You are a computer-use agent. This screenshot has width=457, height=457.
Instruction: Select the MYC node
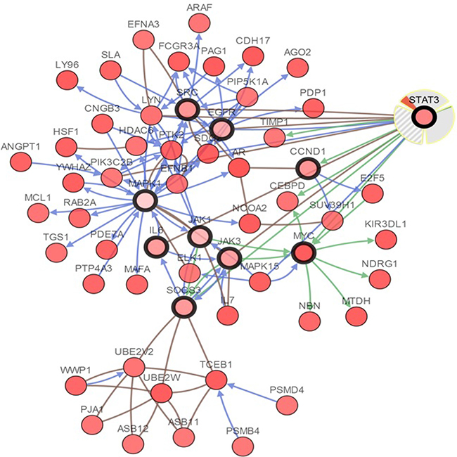(x=304, y=252)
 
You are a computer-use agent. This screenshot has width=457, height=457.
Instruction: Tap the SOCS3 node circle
(x=184, y=306)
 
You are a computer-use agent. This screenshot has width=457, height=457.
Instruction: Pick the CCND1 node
(x=307, y=169)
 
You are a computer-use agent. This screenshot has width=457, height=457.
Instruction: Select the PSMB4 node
(x=243, y=444)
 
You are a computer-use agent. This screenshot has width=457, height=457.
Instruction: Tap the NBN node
(x=309, y=321)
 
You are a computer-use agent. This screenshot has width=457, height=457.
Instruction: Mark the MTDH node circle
(x=355, y=316)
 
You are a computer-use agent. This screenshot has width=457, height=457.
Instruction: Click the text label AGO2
(x=298, y=51)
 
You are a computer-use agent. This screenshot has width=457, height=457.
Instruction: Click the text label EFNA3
(x=143, y=24)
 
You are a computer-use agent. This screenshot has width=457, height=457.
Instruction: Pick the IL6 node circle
(x=155, y=247)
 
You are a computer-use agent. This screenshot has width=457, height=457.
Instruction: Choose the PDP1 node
(x=312, y=108)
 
